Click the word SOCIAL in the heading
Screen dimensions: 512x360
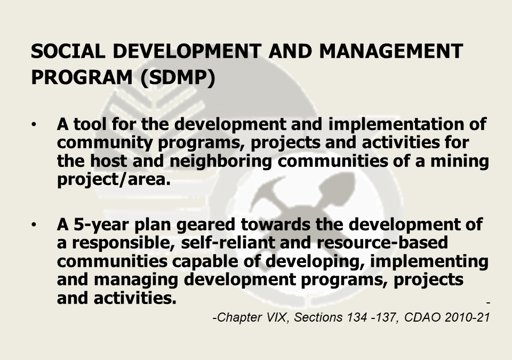[68, 51]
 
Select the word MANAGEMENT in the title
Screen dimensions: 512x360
[391, 51]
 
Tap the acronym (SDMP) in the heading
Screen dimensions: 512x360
[178, 78]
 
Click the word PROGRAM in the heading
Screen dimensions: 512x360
[82, 77]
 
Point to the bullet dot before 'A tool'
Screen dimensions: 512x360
[34, 124]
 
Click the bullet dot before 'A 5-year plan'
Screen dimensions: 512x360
[34, 225]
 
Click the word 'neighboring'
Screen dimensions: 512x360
[220, 162]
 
